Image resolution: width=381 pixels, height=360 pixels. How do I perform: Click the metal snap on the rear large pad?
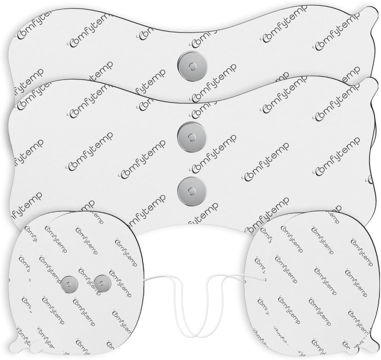tap(192, 66)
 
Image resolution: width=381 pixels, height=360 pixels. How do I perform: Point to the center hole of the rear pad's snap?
tap(192, 66)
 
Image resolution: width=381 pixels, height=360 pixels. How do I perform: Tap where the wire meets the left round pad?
tap(144, 280)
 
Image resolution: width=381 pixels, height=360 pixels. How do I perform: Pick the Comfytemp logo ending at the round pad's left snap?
tap(51, 269)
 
